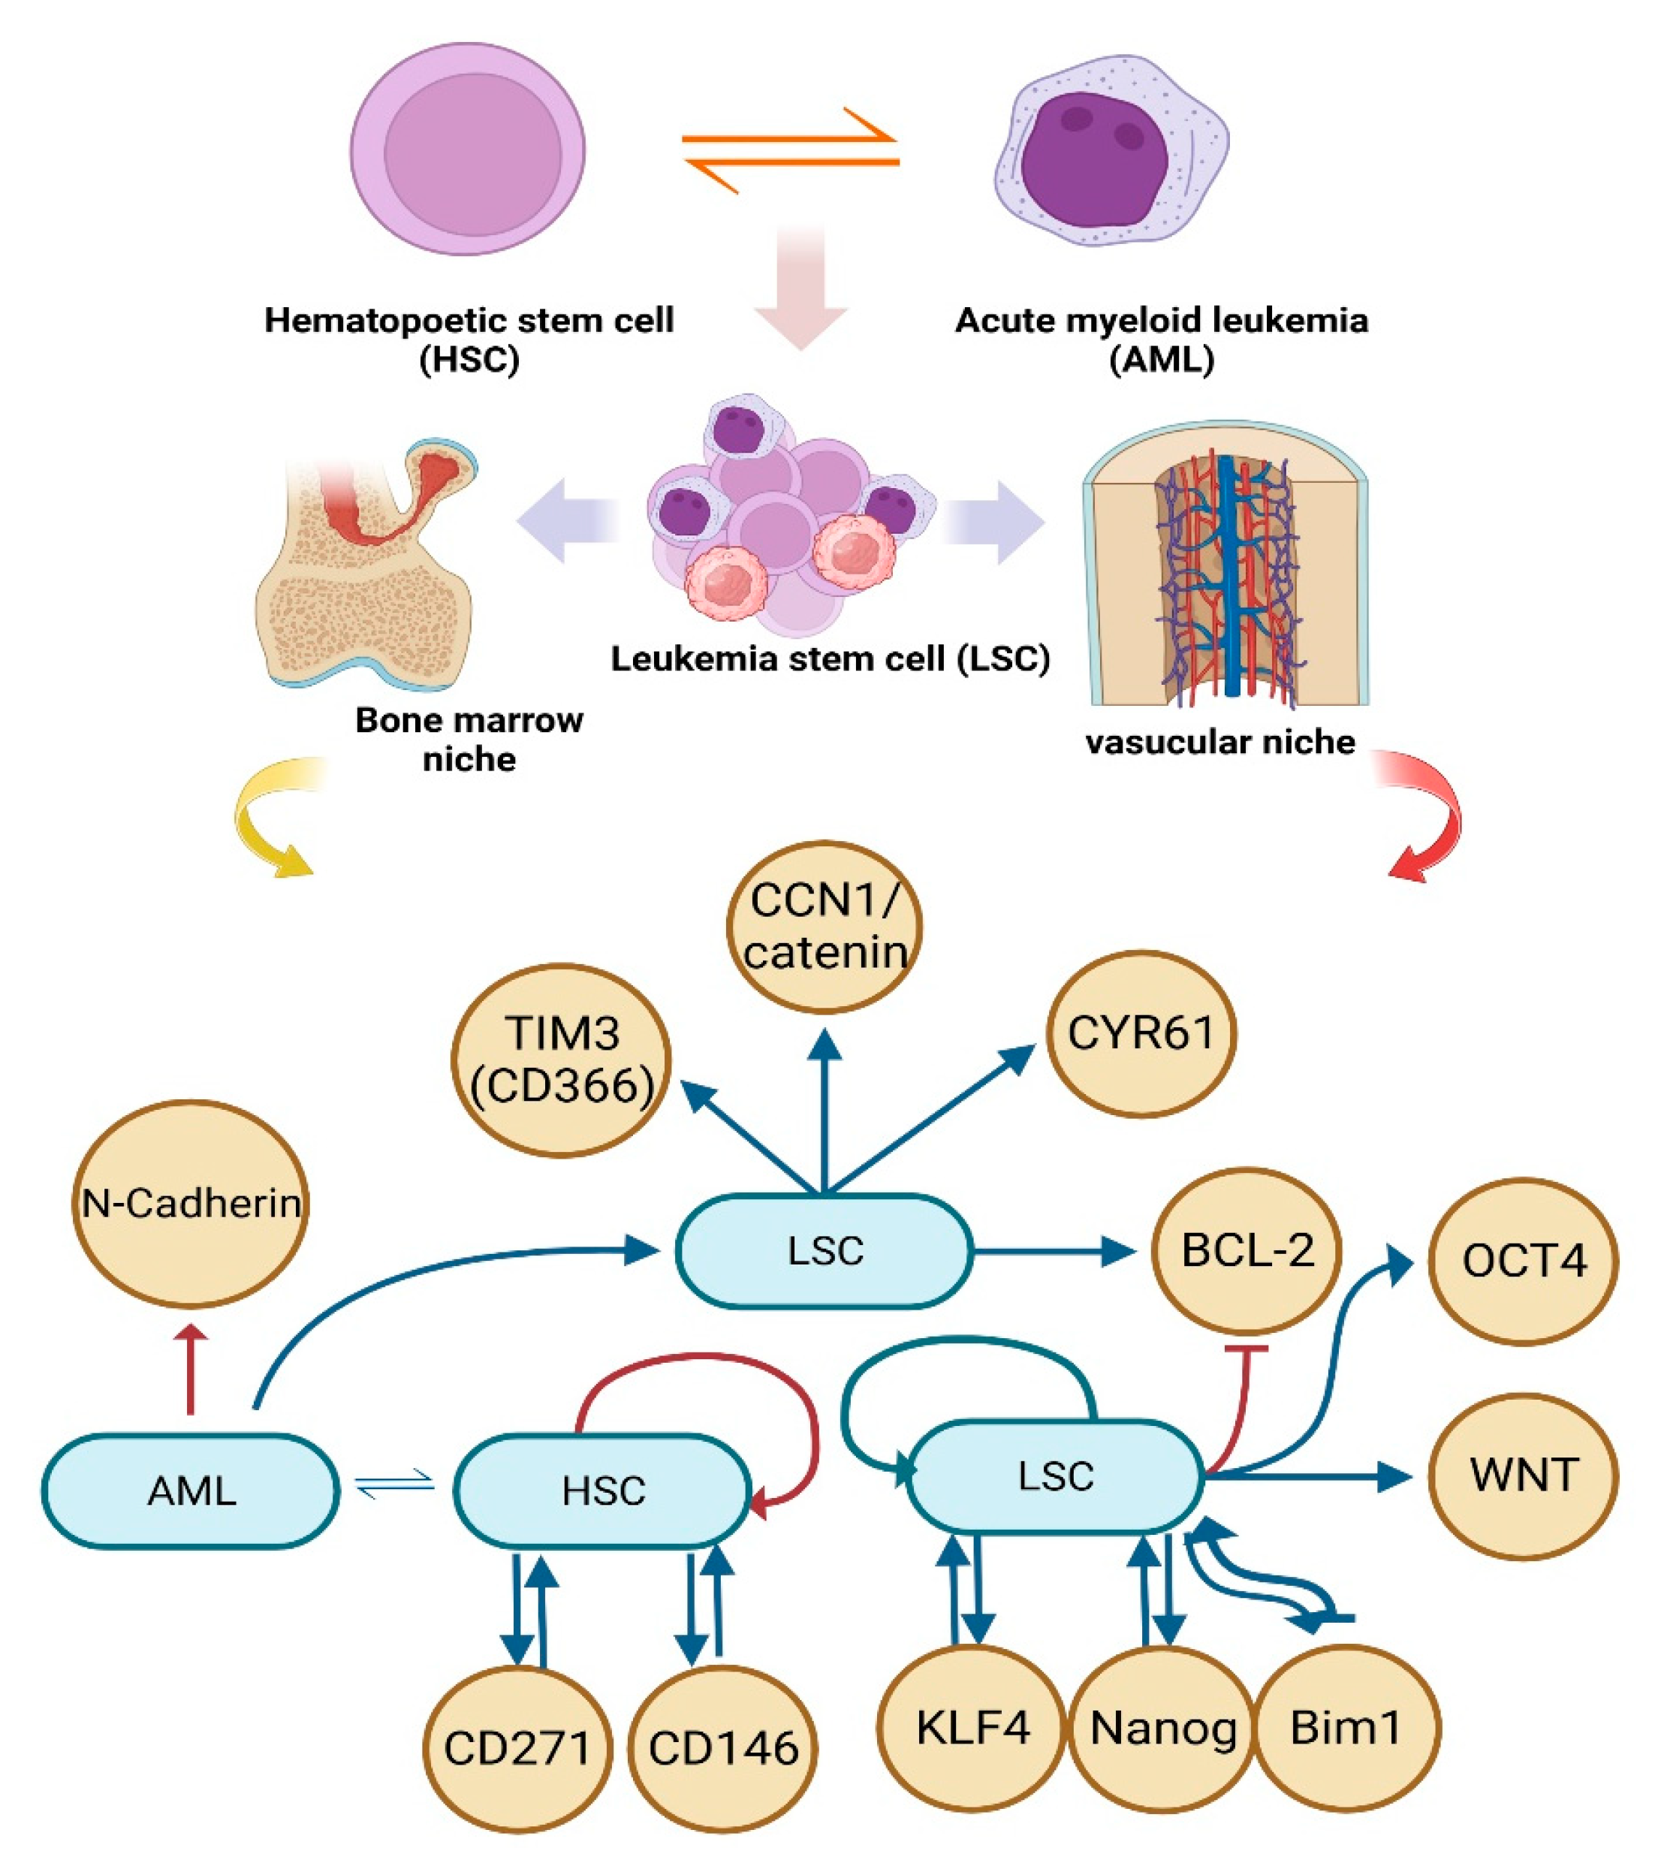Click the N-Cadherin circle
tap(190, 1203)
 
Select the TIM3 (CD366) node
tap(562, 1060)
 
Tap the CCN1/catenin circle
tap(824, 926)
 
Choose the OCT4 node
tap(1523, 1261)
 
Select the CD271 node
tap(517, 1749)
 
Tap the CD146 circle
tap(723, 1749)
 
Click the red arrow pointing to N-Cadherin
tap(191, 1370)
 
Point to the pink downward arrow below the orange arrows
tap(801, 288)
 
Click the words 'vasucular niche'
tap(1219, 742)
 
